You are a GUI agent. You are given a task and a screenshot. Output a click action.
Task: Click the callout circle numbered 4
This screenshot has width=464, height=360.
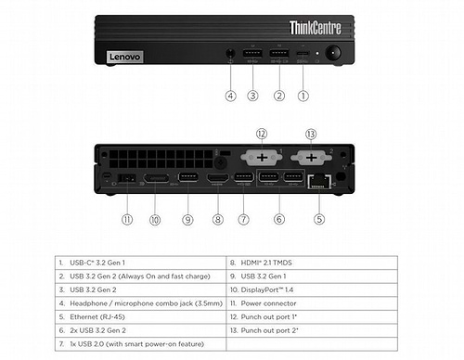(x=229, y=94)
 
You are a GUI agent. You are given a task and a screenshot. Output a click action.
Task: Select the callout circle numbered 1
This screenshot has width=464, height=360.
(x=303, y=94)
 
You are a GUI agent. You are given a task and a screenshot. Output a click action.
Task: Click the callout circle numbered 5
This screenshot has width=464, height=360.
(x=319, y=220)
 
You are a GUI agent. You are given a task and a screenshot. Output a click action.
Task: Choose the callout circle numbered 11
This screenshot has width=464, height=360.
(x=127, y=220)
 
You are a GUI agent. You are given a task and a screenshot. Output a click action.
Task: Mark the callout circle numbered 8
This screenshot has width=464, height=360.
(x=217, y=220)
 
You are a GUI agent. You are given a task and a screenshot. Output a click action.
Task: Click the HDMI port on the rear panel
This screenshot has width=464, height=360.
(x=217, y=178)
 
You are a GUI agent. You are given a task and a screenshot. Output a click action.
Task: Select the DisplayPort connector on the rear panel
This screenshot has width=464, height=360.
(x=156, y=177)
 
